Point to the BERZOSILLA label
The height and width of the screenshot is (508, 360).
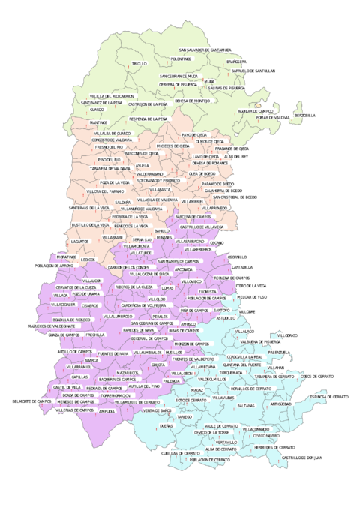coord(306,115)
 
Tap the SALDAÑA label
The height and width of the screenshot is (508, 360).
coord(123,203)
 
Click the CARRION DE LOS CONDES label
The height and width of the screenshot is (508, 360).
coord(130,268)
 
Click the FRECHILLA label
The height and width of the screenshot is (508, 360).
coord(95,335)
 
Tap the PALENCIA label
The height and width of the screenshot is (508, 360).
coord(182,381)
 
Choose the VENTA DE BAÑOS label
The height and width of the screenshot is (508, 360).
coord(158,410)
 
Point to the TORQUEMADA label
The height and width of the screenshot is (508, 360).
coord(231,372)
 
